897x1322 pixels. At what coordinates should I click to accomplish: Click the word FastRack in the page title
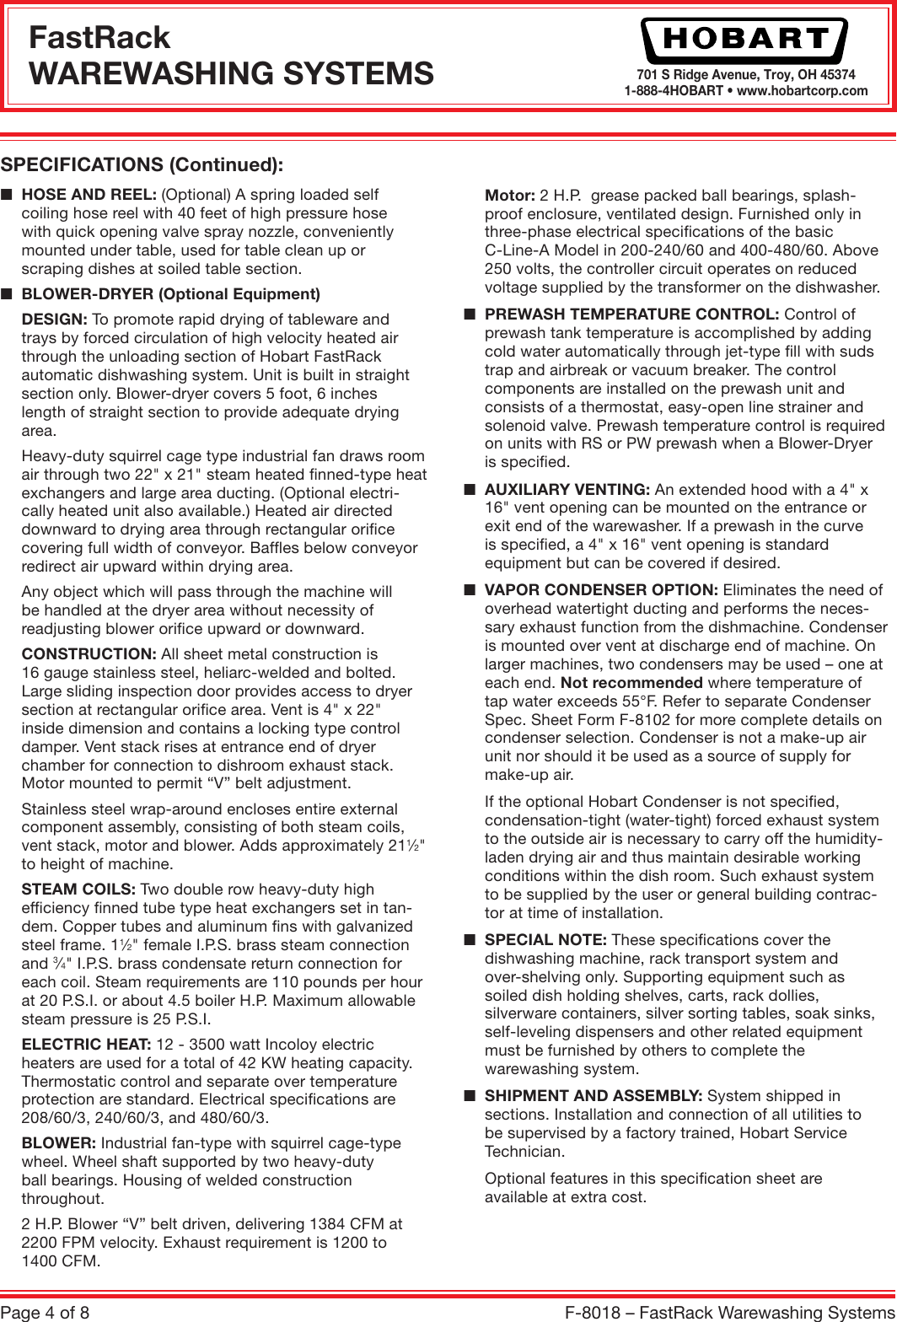(99, 38)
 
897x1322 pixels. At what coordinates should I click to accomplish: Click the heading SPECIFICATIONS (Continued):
(142, 164)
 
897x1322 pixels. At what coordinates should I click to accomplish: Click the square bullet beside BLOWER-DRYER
(7, 294)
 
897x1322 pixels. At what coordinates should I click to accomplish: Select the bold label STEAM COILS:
(78, 889)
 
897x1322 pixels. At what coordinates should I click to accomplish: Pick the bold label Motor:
(509, 195)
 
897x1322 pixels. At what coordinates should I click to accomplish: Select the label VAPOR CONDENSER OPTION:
(601, 590)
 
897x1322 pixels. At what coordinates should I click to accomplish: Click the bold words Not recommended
(631, 683)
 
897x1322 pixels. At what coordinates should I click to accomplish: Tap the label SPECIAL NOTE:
(545, 940)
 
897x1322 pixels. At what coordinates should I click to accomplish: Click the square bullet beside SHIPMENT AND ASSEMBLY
(470, 1096)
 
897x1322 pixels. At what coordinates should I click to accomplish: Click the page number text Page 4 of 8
(46, 1312)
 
